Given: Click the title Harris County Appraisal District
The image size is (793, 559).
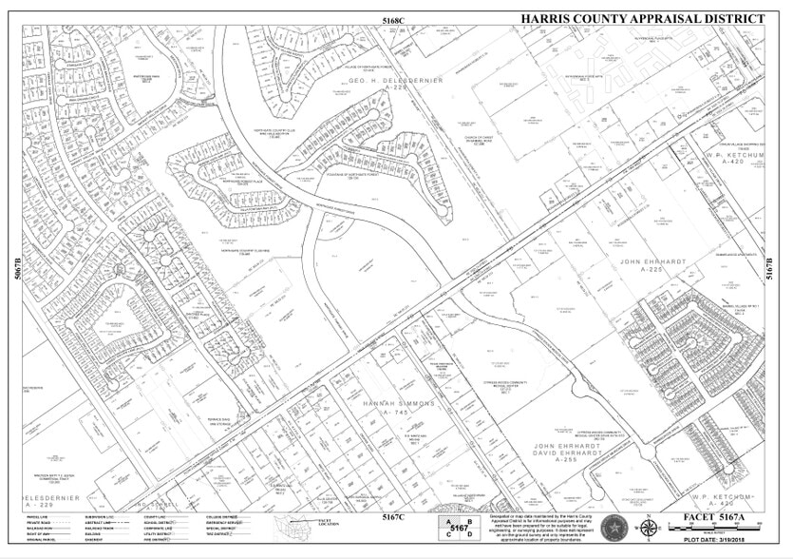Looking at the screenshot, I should [643, 19].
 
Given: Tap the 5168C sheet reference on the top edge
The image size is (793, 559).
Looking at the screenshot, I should [394, 20].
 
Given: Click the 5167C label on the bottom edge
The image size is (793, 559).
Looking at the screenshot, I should [394, 518].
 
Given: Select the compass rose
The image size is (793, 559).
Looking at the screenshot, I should [647, 528].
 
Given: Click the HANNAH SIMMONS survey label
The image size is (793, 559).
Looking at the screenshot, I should [398, 404].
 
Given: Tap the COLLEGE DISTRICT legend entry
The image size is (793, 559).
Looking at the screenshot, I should [221, 516].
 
